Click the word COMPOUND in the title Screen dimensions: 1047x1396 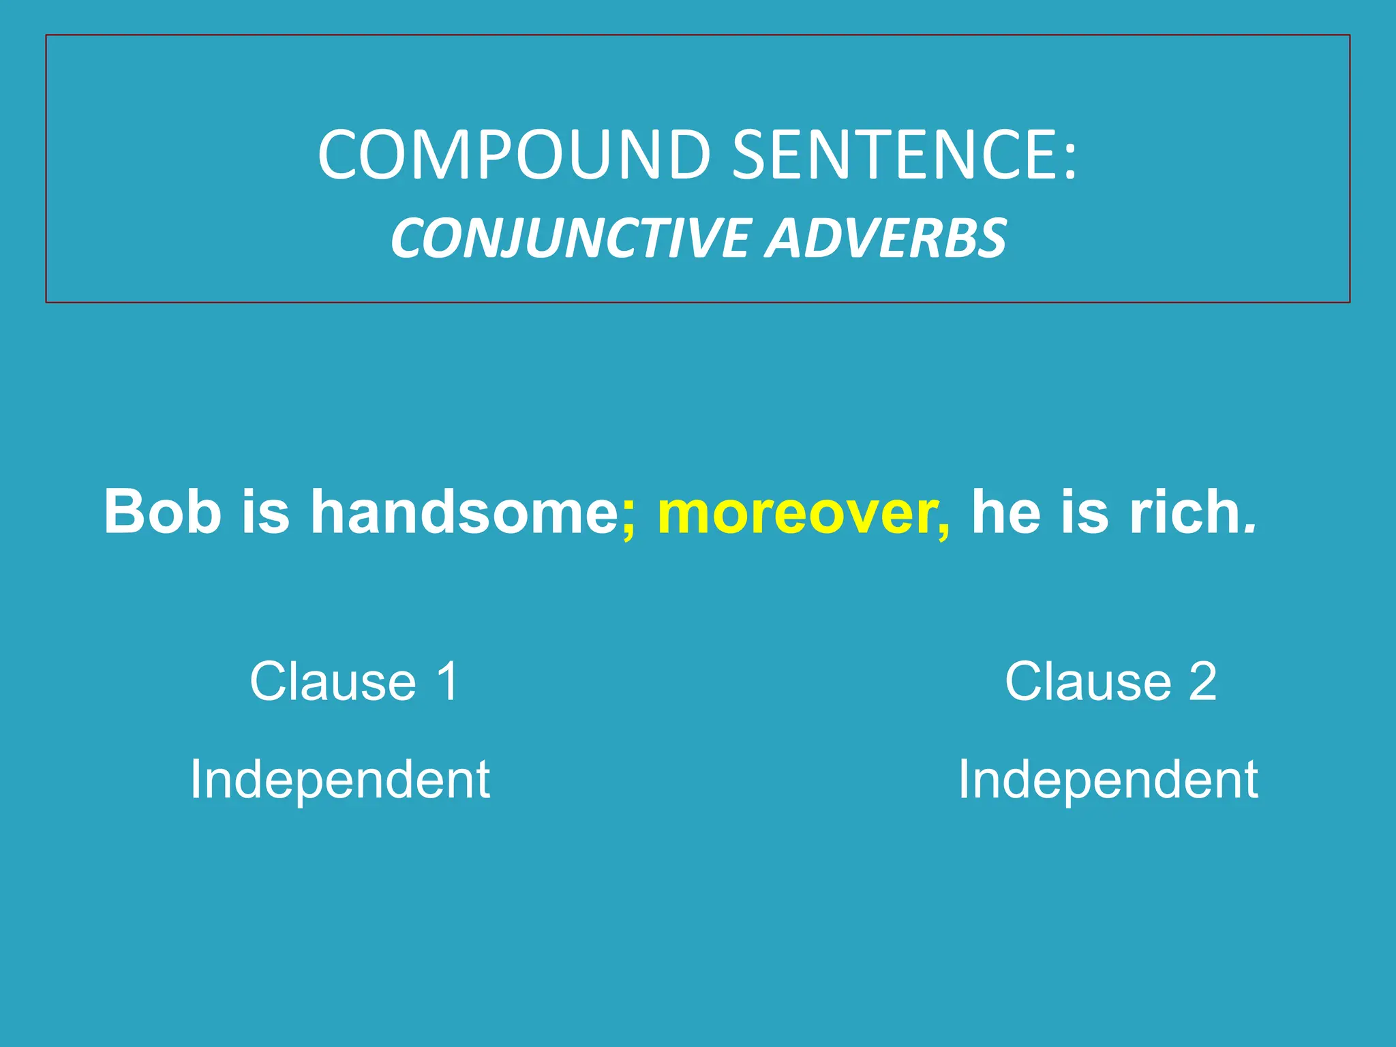[515, 155]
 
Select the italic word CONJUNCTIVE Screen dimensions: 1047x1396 [569, 239]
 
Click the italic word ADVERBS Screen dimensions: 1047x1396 [885, 239]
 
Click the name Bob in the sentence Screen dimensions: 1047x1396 [163, 512]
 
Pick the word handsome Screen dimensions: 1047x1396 [464, 512]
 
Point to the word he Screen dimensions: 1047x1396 [1006, 512]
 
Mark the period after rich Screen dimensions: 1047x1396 [1249, 528]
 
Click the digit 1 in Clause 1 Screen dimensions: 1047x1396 [449, 681]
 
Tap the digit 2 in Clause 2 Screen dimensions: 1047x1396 [1203, 681]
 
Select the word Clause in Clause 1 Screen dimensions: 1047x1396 [333, 681]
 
